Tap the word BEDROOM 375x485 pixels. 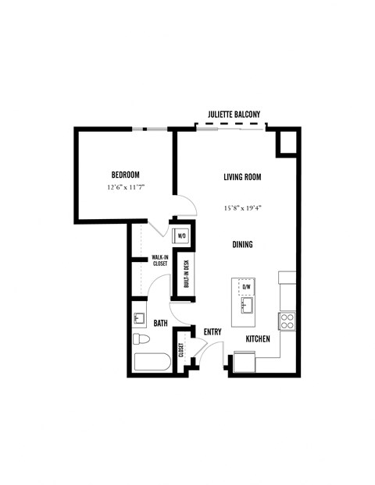point(124,175)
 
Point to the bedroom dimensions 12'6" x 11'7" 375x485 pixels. point(127,188)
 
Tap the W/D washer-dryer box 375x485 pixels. point(182,234)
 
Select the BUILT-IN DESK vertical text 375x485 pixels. point(186,273)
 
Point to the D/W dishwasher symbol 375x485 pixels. point(246,286)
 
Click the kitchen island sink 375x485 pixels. point(245,303)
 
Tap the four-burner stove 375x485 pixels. point(287,320)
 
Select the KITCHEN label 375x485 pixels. point(259,339)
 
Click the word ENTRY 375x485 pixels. point(212,331)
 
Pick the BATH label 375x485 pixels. point(161,323)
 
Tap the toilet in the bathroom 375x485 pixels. point(141,340)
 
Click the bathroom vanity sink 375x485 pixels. point(141,318)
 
